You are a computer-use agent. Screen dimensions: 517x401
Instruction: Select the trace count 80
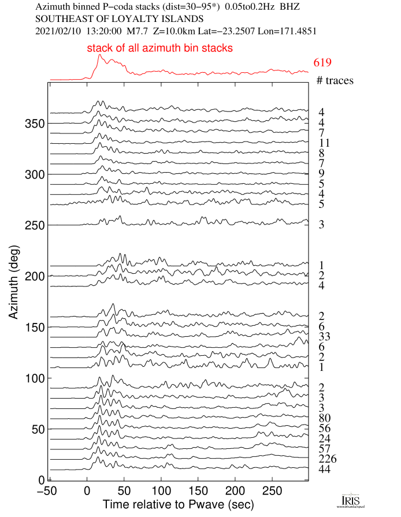(324, 418)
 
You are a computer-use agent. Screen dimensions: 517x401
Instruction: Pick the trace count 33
(324, 336)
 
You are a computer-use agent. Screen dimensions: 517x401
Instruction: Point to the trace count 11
(324, 143)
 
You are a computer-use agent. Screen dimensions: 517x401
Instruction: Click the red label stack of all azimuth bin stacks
(160, 49)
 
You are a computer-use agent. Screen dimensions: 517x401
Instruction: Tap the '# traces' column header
(335, 80)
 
